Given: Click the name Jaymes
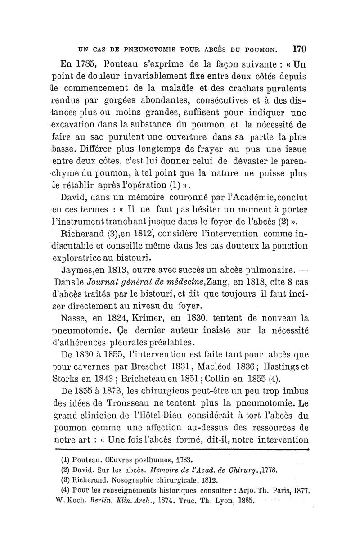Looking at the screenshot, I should pyautogui.click(x=74, y=271).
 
